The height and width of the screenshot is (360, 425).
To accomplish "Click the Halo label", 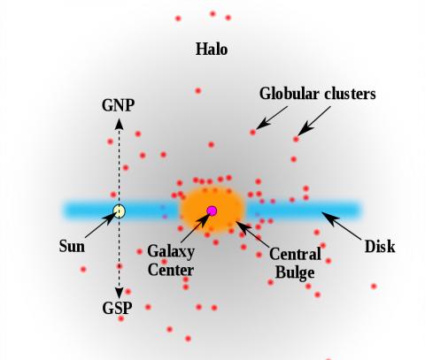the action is tap(212, 49).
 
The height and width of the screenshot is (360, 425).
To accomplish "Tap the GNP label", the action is tap(119, 105).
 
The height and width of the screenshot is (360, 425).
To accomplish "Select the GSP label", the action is tap(117, 309).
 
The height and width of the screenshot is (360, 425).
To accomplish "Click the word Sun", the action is tap(72, 246).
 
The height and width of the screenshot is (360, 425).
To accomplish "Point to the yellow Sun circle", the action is tap(120, 211).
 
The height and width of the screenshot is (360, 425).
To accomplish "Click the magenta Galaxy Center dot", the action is tap(212, 211).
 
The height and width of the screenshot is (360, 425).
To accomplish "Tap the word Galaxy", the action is tap(171, 252).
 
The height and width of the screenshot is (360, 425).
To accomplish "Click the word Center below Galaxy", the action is tap(171, 270).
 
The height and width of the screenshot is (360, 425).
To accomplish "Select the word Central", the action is tap(295, 254).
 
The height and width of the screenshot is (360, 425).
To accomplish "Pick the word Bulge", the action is tap(295, 272).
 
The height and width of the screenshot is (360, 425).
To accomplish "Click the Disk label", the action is tap(380, 247).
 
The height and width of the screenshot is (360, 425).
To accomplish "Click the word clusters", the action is tap(350, 94).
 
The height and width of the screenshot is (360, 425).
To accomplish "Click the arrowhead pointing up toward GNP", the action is tap(120, 124).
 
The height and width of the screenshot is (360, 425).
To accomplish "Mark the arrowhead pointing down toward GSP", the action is tap(120, 293).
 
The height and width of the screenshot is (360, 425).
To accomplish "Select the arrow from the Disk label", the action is tap(341, 226).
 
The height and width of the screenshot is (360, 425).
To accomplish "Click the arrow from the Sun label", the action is tap(101, 225).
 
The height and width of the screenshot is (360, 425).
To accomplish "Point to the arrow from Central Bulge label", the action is tap(252, 234).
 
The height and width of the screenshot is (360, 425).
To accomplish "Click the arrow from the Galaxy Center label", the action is tap(196, 227).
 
